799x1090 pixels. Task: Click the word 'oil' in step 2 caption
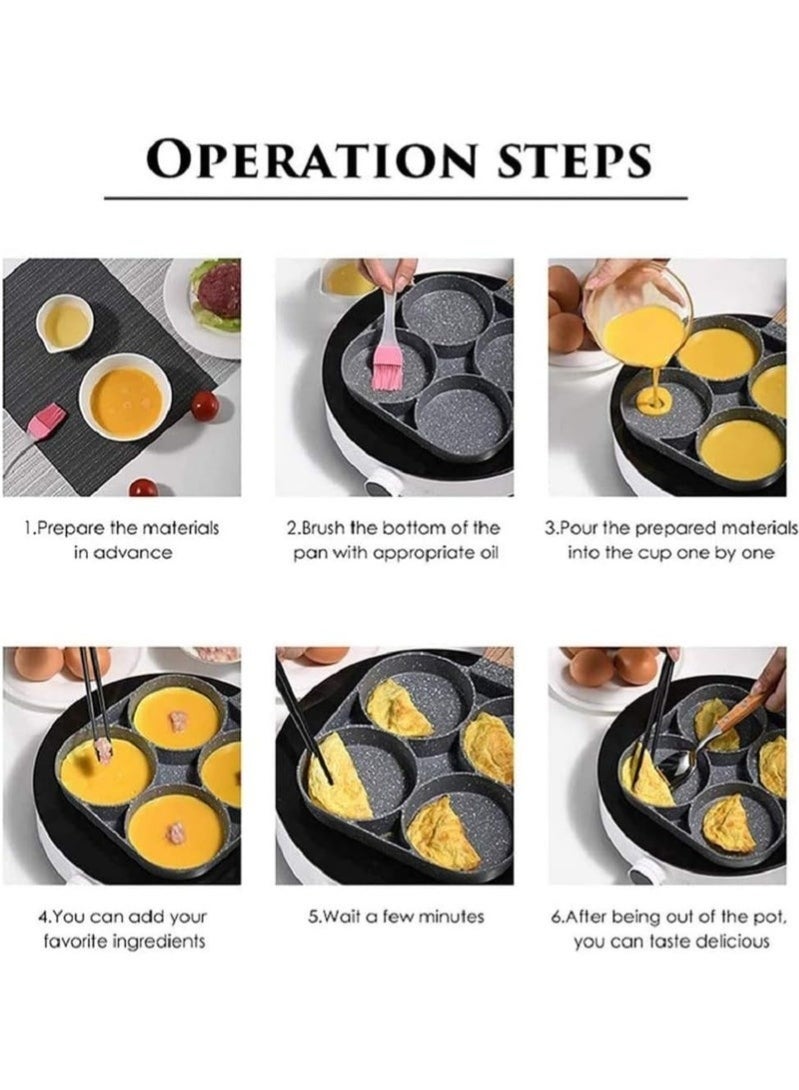[x=480, y=552]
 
